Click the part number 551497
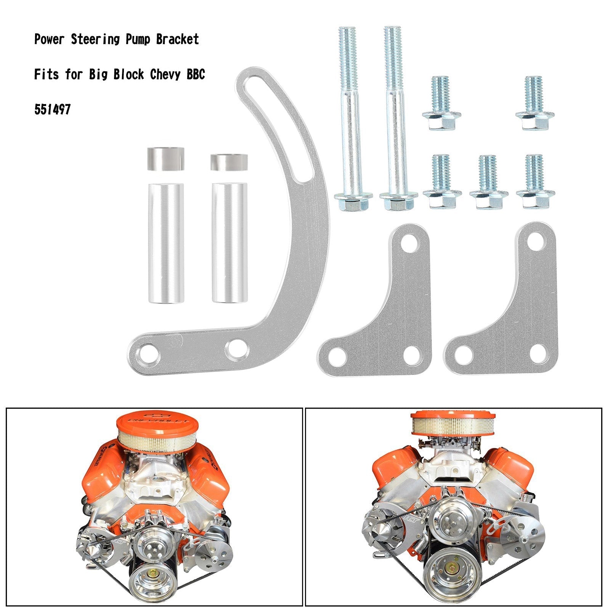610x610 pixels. (52, 110)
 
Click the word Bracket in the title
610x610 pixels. (177, 39)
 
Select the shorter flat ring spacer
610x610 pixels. (229, 162)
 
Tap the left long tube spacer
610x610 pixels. (166, 244)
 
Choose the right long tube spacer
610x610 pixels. (229, 243)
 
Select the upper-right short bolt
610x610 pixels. (535, 103)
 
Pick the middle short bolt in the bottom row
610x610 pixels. (488, 183)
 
